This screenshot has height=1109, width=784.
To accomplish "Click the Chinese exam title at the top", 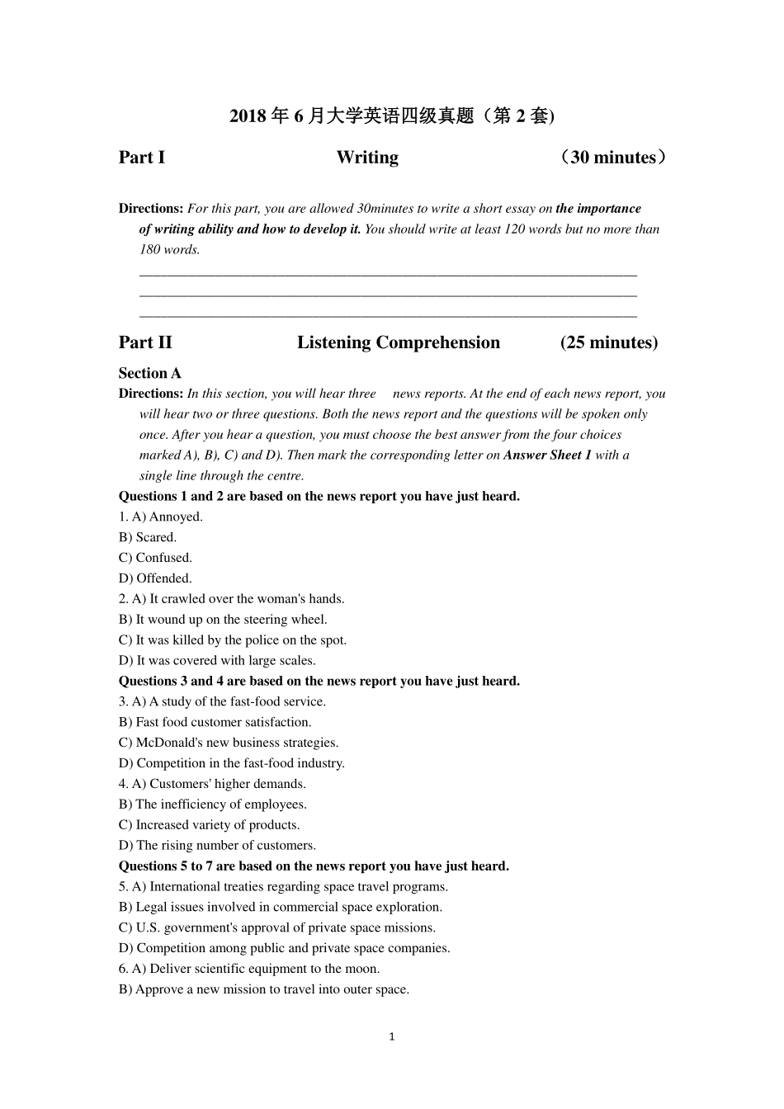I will pos(392,116).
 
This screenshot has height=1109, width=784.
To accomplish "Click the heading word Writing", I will pos(367,158).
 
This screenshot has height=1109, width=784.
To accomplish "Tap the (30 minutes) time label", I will pos(612,158).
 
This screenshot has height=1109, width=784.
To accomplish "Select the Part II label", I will pos(145,342).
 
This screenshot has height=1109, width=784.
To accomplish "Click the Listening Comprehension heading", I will pos(399,342).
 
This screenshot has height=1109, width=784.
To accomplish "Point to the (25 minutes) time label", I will pos(609,342).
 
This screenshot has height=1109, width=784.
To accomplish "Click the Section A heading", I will pos(149,373).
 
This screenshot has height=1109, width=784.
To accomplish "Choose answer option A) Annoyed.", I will pos(168,517).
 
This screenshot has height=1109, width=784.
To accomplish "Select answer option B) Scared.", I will pos(148,537).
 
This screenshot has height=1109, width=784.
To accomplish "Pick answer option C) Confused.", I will pos(155,558).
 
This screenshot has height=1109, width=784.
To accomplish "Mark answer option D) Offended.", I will pos(155,578).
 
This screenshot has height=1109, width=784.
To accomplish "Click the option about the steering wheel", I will pos(223,620).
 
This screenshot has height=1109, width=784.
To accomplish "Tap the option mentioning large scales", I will pos(217,660).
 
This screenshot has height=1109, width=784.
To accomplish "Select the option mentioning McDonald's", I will pos(229,743).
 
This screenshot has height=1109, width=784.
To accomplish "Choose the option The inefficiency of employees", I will pos(213,805).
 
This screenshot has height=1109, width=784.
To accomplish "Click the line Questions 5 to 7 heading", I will pos(314,866).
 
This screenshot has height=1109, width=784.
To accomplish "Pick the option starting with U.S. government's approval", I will pos(277,927).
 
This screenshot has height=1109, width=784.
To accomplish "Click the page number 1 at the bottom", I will pos(392,1036).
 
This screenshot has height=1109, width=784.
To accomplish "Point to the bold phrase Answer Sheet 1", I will pos(547,455).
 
